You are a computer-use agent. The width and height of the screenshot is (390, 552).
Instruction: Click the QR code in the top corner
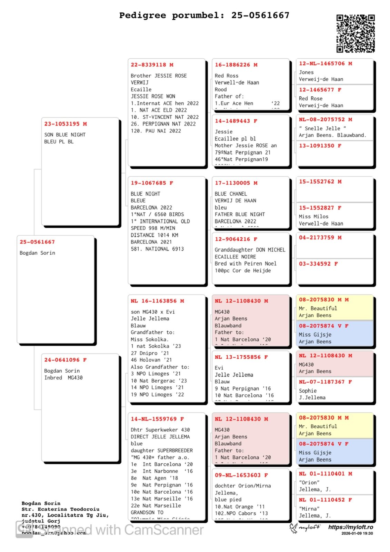(356, 33)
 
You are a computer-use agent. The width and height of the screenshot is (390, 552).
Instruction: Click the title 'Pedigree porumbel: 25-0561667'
(204, 16)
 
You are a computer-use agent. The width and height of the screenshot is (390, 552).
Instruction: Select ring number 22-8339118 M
(152, 65)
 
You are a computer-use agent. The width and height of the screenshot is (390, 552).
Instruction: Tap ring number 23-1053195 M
(66, 124)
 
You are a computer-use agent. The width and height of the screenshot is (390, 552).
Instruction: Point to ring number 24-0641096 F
(66, 360)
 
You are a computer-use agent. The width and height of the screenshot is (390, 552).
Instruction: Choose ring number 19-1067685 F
(152, 183)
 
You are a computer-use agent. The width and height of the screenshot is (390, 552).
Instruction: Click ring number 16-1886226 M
(236, 65)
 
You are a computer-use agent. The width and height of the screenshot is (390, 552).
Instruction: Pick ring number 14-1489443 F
(236, 121)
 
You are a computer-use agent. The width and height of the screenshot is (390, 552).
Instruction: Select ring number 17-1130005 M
(236, 183)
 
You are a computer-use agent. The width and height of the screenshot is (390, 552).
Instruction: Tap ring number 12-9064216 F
(236, 239)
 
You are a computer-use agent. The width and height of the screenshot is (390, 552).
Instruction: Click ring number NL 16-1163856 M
(157, 301)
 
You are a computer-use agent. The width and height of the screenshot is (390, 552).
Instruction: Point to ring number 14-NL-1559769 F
(157, 419)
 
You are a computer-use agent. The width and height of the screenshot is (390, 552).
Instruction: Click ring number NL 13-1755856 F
(241, 357)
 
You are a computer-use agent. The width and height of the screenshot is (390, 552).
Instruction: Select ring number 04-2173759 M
(320, 237)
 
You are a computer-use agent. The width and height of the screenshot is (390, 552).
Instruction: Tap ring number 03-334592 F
(318, 264)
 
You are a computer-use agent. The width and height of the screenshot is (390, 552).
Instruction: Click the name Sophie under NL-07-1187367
(308, 391)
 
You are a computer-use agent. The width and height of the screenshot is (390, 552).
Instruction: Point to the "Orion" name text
(309, 482)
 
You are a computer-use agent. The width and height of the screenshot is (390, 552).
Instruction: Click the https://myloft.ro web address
(350, 527)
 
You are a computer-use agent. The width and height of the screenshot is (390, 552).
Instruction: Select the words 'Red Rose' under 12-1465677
(311, 98)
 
